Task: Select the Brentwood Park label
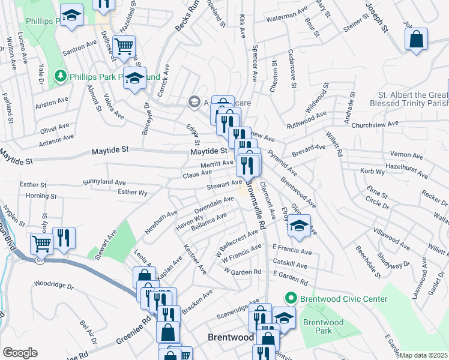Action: coord(323,326)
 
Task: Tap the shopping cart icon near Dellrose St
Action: coord(124,46)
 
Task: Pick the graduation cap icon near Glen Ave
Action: coord(299,226)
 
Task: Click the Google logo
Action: coord(20,352)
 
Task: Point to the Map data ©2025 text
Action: coord(424,355)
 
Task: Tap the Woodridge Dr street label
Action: coord(53,283)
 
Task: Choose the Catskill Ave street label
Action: coord(289,264)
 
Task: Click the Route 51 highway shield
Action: coord(40,260)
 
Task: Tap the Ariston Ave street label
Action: coord(53,103)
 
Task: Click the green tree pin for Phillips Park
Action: coord(59,77)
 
